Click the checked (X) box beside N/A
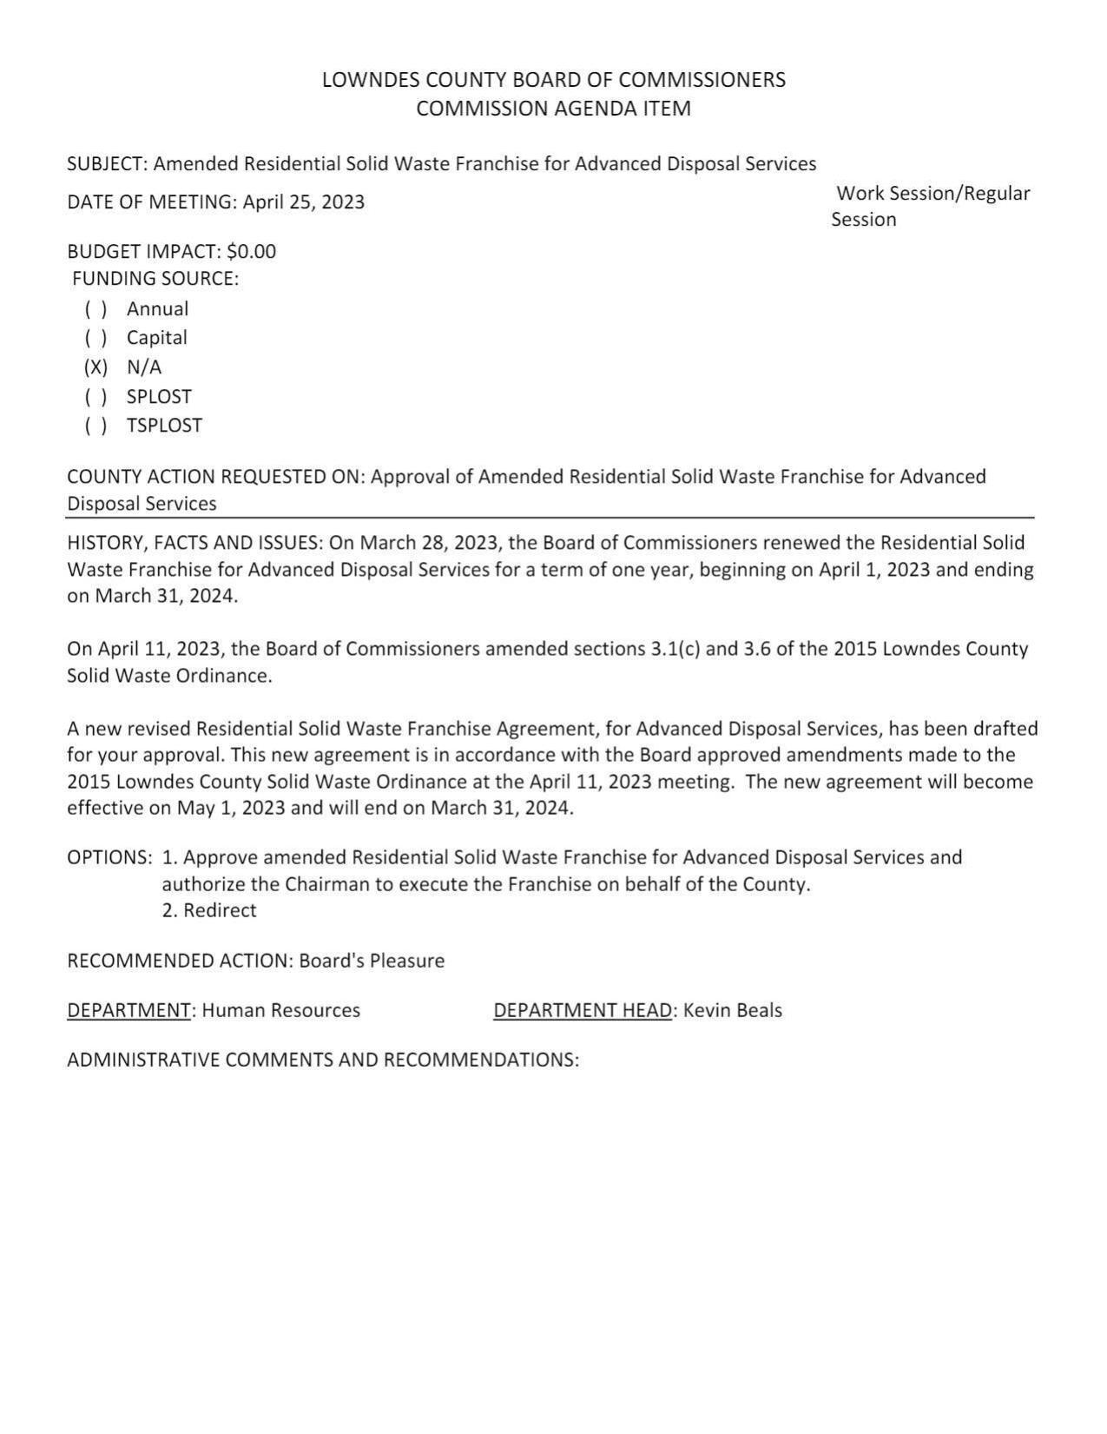[96, 367]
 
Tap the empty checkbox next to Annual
[96, 309]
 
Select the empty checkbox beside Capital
[96, 338]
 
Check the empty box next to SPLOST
[96, 397]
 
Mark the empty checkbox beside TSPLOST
[96, 426]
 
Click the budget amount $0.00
[251, 252]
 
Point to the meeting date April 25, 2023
[304, 202]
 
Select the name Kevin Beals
[733, 1011]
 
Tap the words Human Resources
[281, 1011]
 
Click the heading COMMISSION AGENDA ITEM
[554, 109]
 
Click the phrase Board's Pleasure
[372, 962]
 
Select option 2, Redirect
[209, 911]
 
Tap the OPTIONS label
[109, 858]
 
